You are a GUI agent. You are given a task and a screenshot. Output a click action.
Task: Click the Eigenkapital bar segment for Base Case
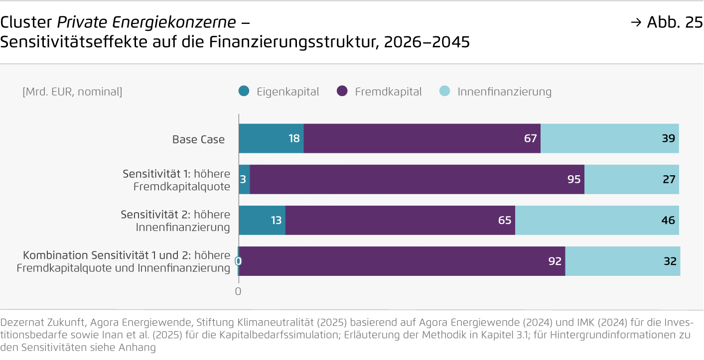(x=271, y=138)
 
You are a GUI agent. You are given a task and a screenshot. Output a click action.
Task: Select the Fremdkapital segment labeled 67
(x=422, y=138)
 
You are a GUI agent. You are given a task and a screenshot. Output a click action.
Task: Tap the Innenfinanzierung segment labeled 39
(x=609, y=138)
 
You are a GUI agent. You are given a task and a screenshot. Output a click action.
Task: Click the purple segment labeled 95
(x=417, y=179)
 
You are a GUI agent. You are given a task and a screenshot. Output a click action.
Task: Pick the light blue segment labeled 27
(x=631, y=179)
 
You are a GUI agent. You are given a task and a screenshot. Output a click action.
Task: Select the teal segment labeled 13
(x=262, y=220)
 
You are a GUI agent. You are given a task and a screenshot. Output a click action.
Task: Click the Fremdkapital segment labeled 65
(x=400, y=220)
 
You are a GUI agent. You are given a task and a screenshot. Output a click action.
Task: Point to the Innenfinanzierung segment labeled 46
(x=597, y=220)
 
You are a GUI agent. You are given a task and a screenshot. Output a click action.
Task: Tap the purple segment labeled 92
(x=402, y=261)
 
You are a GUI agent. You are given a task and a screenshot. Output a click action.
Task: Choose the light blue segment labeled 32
(x=622, y=261)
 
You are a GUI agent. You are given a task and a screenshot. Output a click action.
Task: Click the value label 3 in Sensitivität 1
(x=243, y=179)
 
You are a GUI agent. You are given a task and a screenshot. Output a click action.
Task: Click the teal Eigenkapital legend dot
(x=244, y=92)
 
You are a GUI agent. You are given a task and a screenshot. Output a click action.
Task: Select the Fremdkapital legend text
(x=388, y=92)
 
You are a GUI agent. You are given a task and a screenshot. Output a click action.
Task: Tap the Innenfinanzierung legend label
(x=504, y=92)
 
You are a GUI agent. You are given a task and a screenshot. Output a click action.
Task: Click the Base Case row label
(x=198, y=139)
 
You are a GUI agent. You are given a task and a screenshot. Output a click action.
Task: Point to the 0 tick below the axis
(x=238, y=291)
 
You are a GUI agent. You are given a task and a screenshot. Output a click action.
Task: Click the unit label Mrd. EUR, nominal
(x=72, y=92)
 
